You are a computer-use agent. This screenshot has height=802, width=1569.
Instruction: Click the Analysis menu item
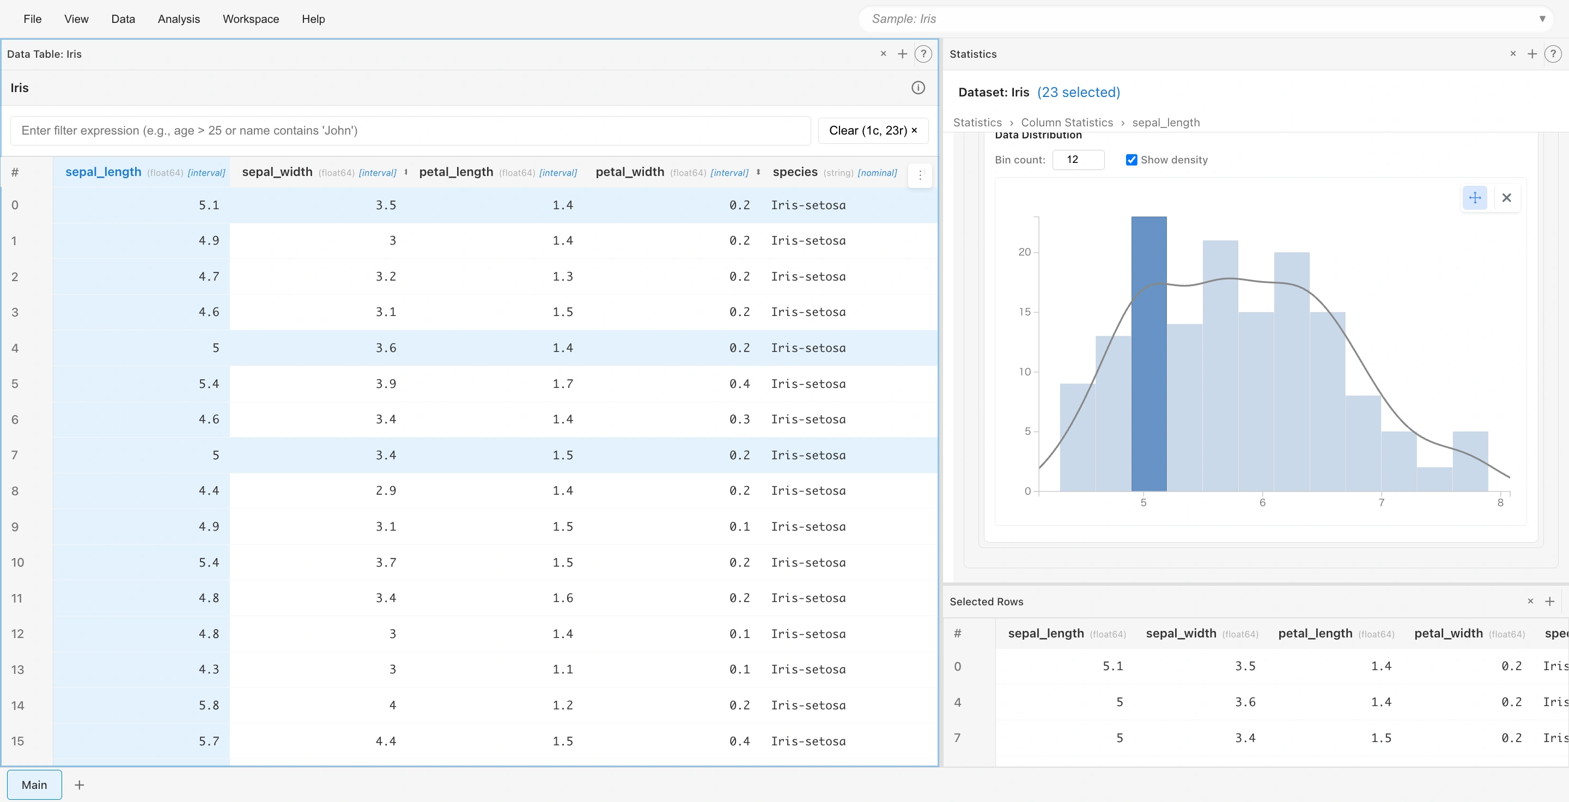[179, 19]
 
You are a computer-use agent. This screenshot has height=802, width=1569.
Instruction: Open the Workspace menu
[251, 19]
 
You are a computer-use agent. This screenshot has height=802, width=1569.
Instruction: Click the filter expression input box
[410, 130]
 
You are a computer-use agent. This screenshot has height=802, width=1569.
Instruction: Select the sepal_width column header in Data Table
[277, 172]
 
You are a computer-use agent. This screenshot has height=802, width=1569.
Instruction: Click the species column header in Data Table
[795, 172]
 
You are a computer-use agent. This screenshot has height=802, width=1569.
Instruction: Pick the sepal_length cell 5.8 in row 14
[208, 705]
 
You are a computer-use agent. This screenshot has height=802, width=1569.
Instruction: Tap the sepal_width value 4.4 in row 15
[386, 741]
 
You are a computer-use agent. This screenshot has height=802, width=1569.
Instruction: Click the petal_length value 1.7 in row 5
[562, 384]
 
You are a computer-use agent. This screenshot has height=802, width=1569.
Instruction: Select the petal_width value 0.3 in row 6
[739, 419]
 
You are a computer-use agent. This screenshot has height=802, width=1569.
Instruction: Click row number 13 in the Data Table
[17, 669]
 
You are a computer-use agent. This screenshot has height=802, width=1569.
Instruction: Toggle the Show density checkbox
[1131, 160]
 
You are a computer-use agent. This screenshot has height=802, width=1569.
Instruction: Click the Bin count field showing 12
[1078, 160]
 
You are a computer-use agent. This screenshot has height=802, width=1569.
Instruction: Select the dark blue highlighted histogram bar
[1149, 353]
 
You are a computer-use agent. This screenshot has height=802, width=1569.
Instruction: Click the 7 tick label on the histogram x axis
[1381, 502]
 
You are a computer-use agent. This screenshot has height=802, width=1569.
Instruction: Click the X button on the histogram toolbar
[1506, 197]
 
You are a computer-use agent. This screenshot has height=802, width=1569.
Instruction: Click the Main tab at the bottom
[34, 785]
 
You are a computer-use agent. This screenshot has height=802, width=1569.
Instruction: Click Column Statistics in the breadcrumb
[1067, 123]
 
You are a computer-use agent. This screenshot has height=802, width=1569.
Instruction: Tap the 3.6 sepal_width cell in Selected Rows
[1244, 702]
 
